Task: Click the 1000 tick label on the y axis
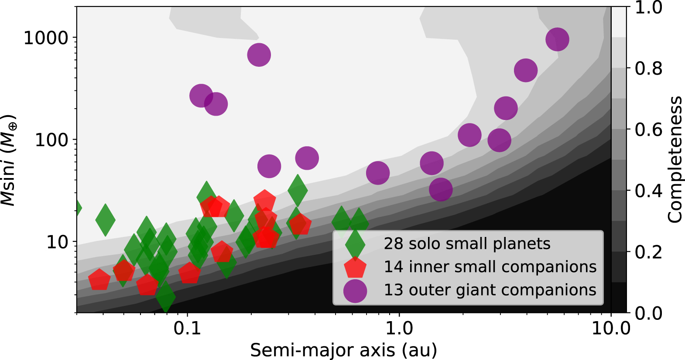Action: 46,38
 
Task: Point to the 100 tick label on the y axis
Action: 52,140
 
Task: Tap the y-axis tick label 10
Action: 58,242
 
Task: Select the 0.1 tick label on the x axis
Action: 187,328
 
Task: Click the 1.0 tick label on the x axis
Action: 399,328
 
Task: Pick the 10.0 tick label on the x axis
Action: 611,328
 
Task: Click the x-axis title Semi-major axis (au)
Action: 343,350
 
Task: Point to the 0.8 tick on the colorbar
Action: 648,69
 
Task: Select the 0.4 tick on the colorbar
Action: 648,191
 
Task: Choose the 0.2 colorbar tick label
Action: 648,252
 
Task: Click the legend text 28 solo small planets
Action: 467,243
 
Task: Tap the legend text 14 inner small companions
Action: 490,267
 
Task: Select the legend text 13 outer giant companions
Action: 490,290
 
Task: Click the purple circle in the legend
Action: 355,291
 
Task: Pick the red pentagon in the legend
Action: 355,267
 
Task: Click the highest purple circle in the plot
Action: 557,39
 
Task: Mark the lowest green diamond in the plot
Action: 165,296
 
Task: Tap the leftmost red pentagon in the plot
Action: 99,280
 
